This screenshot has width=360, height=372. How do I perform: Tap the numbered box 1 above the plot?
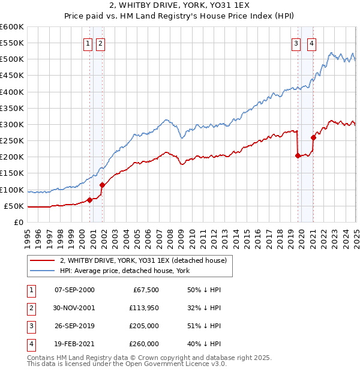pos(88,43)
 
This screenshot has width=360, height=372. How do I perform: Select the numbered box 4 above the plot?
pos(312,43)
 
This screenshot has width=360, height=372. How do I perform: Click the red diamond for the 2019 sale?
pos(298,155)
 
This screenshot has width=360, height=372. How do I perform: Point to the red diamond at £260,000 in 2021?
pos(313,137)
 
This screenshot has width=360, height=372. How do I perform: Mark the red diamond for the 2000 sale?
pos(90,200)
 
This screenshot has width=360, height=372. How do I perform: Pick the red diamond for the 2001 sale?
pos(103,185)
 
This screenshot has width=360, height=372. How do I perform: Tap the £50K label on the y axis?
pos(14,206)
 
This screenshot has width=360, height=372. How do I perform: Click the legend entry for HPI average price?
pos(124,271)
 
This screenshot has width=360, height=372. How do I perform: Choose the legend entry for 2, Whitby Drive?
pos(143,260)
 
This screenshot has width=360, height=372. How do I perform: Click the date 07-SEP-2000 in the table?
pos(74,290)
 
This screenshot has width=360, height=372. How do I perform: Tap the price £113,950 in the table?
pos(142,308)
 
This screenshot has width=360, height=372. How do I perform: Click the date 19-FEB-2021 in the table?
pos(74,344)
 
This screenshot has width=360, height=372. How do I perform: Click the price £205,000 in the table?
pos(142,326)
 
